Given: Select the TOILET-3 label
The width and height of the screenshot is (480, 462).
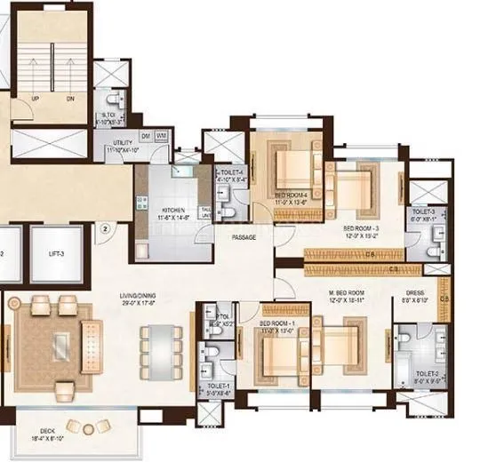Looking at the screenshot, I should pyautogui.click(x=423, y=212).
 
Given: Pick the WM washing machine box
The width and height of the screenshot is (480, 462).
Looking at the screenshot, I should pyautogui.click(x=161, y=135).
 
